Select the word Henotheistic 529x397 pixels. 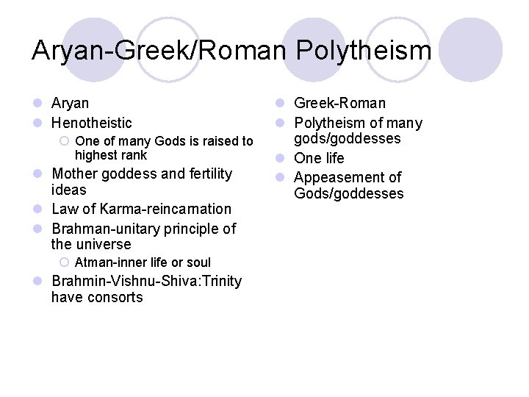click(x=92, y=123)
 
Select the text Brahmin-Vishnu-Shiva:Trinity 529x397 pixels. click(x=146, y=282)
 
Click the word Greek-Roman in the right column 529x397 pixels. click(x=339, y=103)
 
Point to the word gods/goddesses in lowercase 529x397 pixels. click(x=348, y=138)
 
